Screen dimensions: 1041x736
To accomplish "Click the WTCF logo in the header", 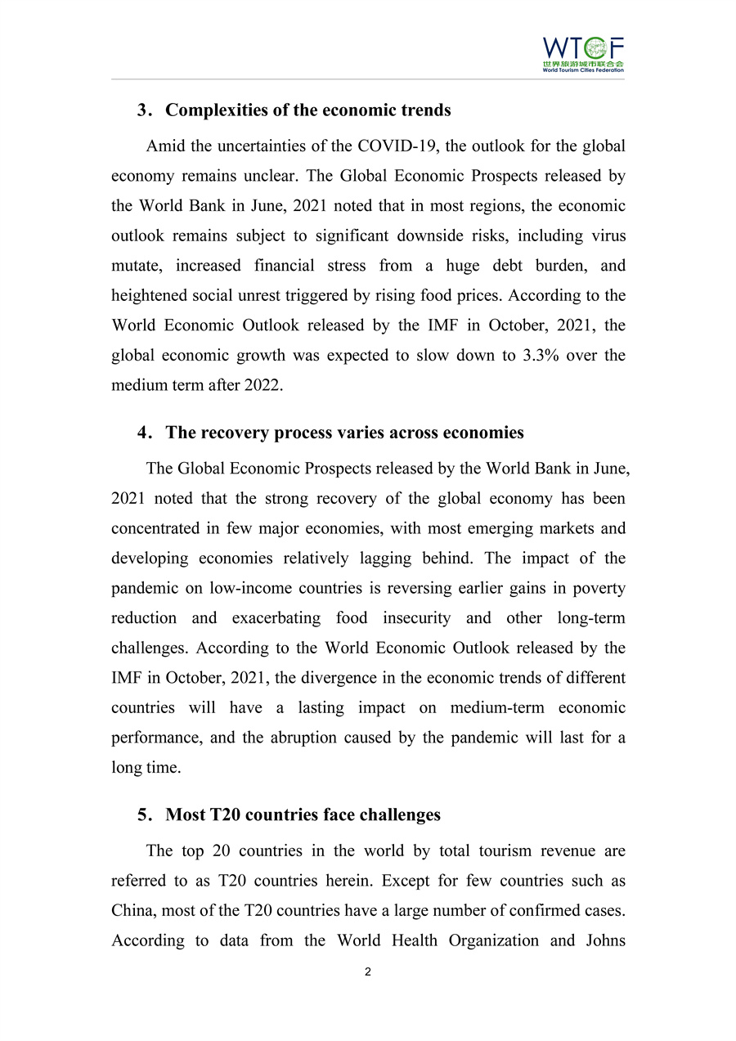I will (583, 54).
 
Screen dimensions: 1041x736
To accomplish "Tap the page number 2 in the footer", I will (368, 972).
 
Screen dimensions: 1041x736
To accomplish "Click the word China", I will (132, 911).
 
